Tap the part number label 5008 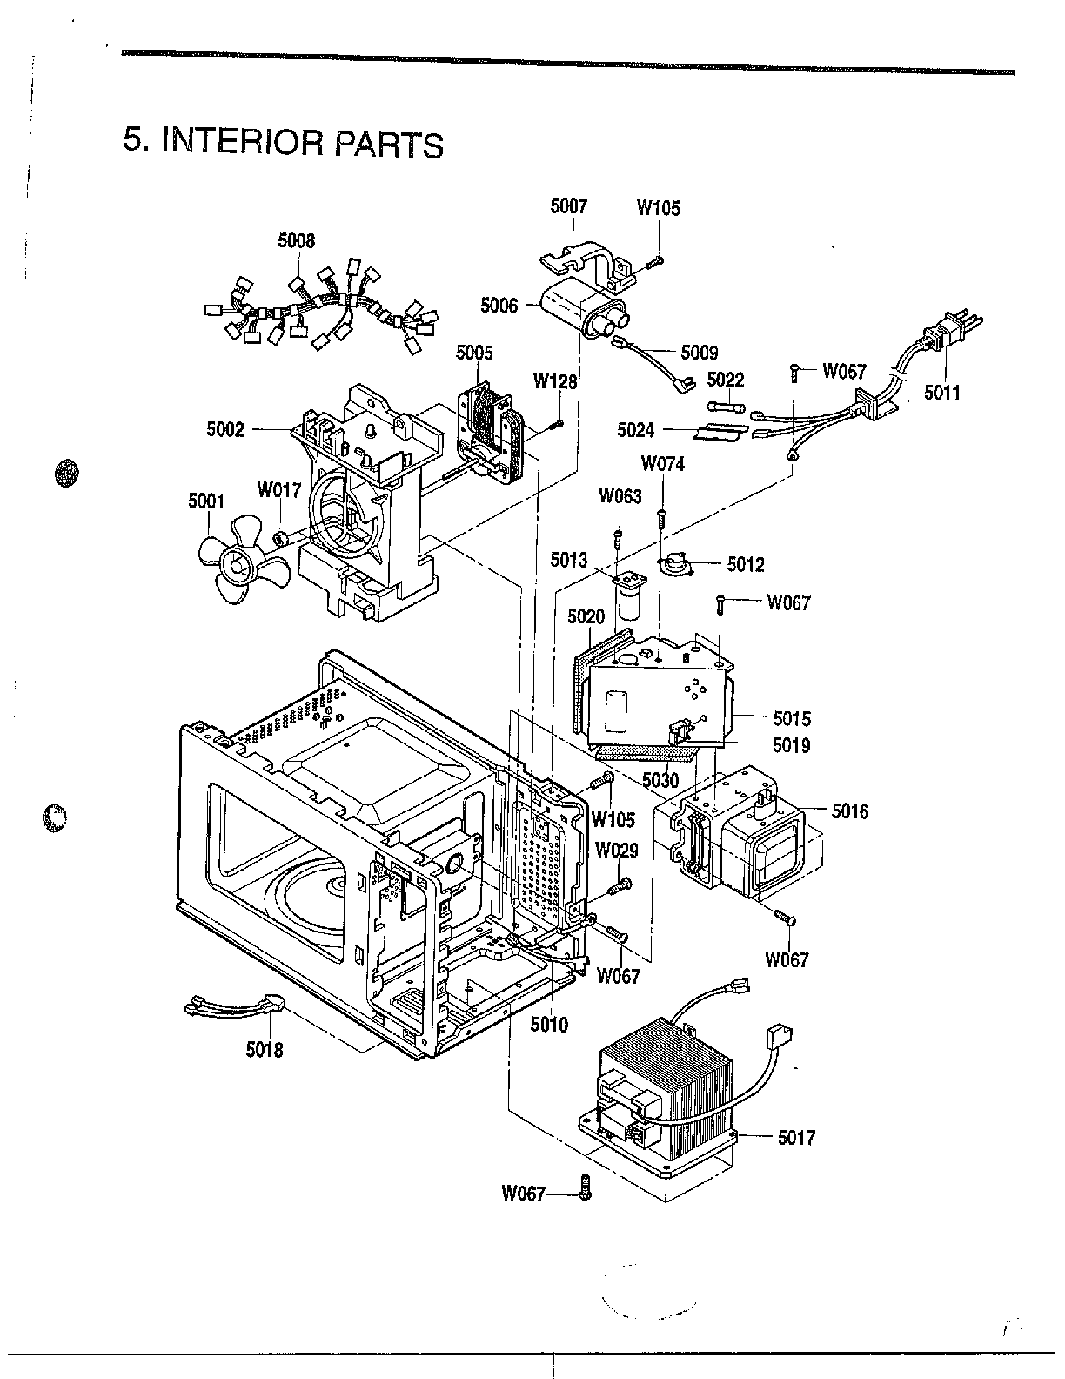297,241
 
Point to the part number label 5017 796,1137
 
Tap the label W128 555,381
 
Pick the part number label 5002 226,429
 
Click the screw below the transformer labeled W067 585,1187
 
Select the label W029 616,851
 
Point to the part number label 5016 850,811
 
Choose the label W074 663,464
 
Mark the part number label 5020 586,616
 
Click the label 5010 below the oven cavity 549,1025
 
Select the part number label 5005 474,353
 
